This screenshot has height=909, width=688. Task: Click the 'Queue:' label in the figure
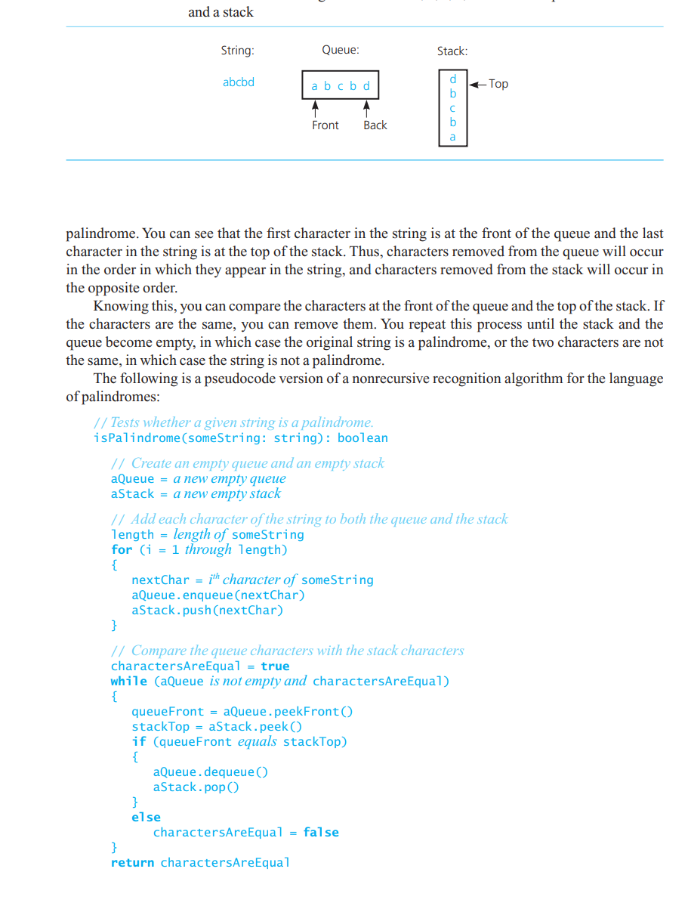[340, 51]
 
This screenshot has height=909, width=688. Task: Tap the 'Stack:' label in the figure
[452, 51]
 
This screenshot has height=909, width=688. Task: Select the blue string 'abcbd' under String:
[239, 82]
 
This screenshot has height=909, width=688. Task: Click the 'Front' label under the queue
[325, 125]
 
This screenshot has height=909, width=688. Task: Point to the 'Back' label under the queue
[375, 125]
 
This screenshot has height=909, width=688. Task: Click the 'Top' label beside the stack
[498, 84]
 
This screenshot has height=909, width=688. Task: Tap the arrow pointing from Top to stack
[477, 84]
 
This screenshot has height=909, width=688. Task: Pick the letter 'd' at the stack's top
[453, 79]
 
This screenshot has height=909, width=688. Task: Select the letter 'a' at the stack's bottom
[453, 137]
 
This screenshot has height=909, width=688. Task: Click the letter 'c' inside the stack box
[453, 108]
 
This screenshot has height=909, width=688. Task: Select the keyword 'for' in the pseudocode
[121, 550]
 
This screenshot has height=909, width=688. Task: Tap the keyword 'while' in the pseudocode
[128, 682]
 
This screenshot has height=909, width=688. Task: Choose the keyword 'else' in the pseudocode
[146, 818]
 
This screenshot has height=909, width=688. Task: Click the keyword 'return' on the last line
[132, 863]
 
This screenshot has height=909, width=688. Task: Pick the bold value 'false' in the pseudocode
[321, 833]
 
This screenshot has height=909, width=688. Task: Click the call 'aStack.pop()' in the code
[196, 787]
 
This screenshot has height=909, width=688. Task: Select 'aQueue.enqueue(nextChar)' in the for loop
[218, 595]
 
